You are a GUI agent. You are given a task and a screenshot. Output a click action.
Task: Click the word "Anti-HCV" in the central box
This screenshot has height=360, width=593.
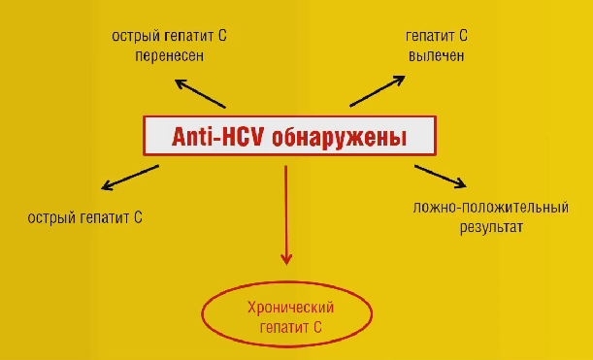click(x=217, y=137)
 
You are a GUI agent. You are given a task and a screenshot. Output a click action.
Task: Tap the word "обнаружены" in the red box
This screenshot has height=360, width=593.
click(x=340, y=137)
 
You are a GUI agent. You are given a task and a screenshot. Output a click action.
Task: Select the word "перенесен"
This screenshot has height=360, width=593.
click(x=170, y=56)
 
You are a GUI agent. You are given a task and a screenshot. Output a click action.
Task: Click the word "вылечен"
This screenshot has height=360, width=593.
click(x=437, y=56)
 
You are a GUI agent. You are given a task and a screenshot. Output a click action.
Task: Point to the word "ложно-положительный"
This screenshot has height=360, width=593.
click(x=490, y=208)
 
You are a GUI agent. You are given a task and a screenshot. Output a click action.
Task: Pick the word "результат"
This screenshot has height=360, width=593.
click(x=491, y=228)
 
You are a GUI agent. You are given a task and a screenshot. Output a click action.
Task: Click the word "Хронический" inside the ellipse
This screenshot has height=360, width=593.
click(x=290, y=308)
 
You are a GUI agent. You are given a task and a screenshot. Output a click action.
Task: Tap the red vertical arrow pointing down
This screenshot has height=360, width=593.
click(x=286, y=215)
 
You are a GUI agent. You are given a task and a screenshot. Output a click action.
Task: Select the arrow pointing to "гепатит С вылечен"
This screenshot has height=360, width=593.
click(x=378, y=91)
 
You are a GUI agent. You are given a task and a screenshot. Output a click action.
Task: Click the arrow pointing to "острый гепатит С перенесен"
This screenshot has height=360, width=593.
click(x=200, y=94)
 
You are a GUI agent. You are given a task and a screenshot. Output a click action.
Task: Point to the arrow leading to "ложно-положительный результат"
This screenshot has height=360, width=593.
click(x=441, y=177)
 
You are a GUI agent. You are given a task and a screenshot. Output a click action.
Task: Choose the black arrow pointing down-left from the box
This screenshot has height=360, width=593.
click(x=130, y=178)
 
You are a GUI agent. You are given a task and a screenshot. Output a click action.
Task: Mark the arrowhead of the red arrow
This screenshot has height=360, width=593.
click(x=286, y=260)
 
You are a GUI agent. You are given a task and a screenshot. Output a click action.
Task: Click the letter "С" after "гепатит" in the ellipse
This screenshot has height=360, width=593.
click(x=317, y=327)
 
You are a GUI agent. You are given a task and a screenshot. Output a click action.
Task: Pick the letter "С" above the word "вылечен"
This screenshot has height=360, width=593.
click(x=463, y=36)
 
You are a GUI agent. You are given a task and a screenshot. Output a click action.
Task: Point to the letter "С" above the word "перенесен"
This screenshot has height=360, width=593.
click(x=222, y=36)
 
